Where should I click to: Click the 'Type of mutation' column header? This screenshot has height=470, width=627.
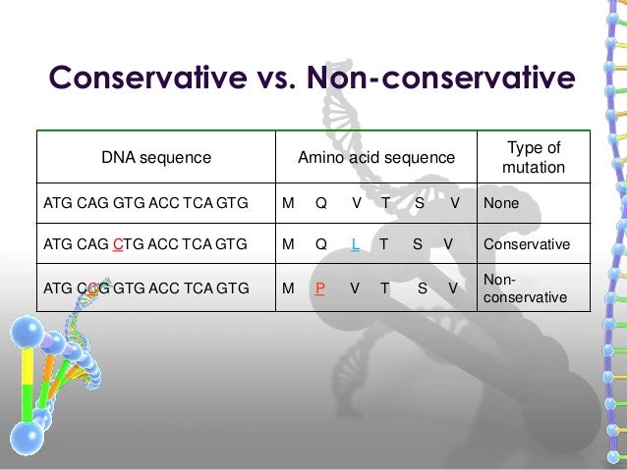[x=534, y=157]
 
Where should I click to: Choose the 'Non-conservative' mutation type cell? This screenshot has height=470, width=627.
[x=525, y=287]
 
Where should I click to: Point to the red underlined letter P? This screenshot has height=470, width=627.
[x=320, y=288]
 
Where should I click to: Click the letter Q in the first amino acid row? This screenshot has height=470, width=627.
[x=321, y=203]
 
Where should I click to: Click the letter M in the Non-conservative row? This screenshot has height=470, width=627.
[x=287, y=288]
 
